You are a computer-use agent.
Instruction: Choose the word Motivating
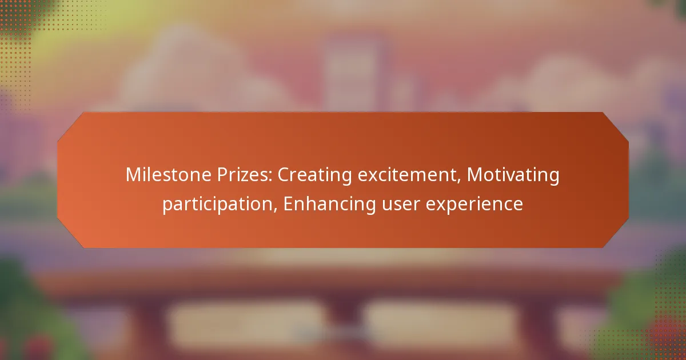(x=513, y=175)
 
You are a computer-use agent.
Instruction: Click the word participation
(x=220, y=204)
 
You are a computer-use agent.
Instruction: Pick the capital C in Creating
(x=284, y=175)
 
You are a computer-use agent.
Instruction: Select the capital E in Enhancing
(x=289, y=204)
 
